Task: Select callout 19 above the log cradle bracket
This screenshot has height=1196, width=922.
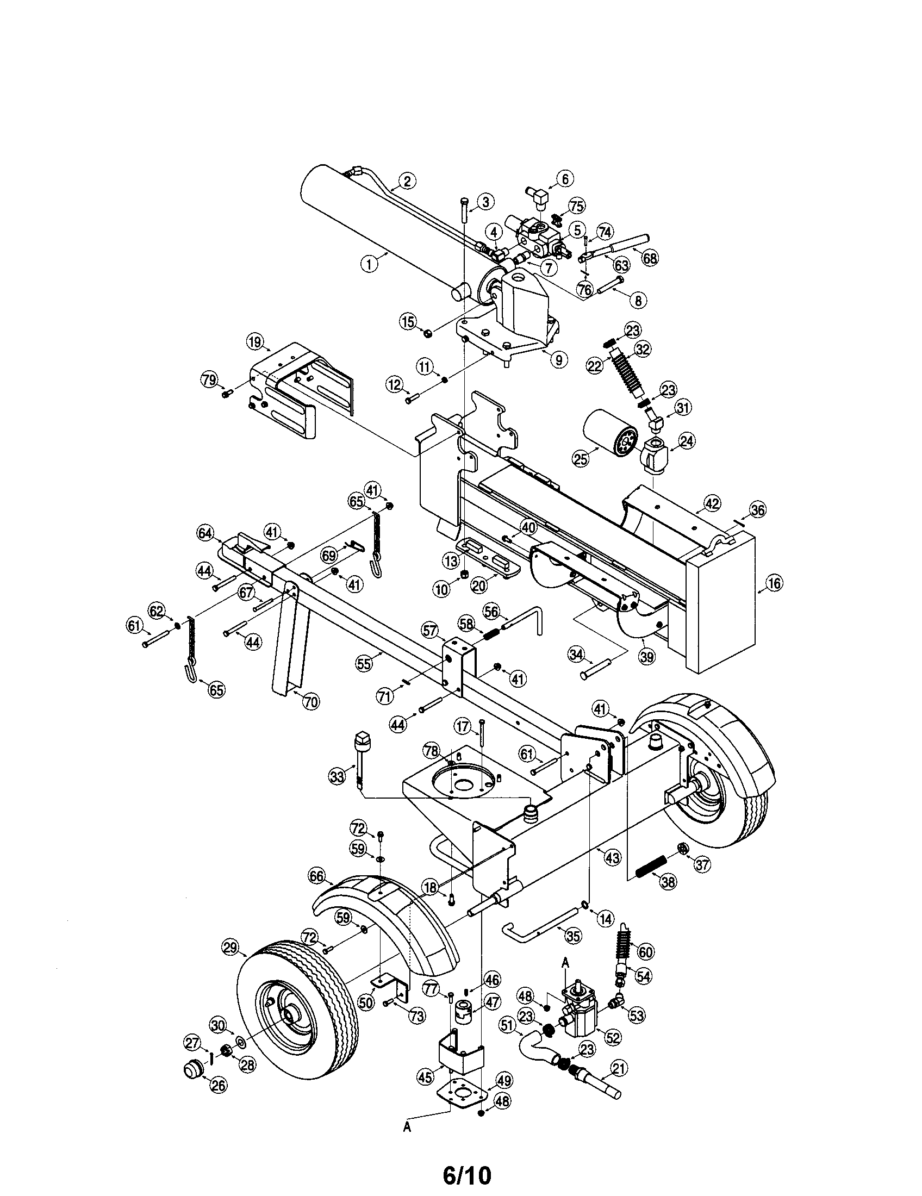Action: pyautogui.click(x=255, y=343)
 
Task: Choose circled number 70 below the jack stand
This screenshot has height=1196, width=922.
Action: pyautogui.click(x=310, y=702)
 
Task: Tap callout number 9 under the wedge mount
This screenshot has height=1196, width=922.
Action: pyautogui.click(x=558, y=359)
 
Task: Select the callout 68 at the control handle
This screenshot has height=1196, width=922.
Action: pyautogui.click(x=650, y=258)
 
